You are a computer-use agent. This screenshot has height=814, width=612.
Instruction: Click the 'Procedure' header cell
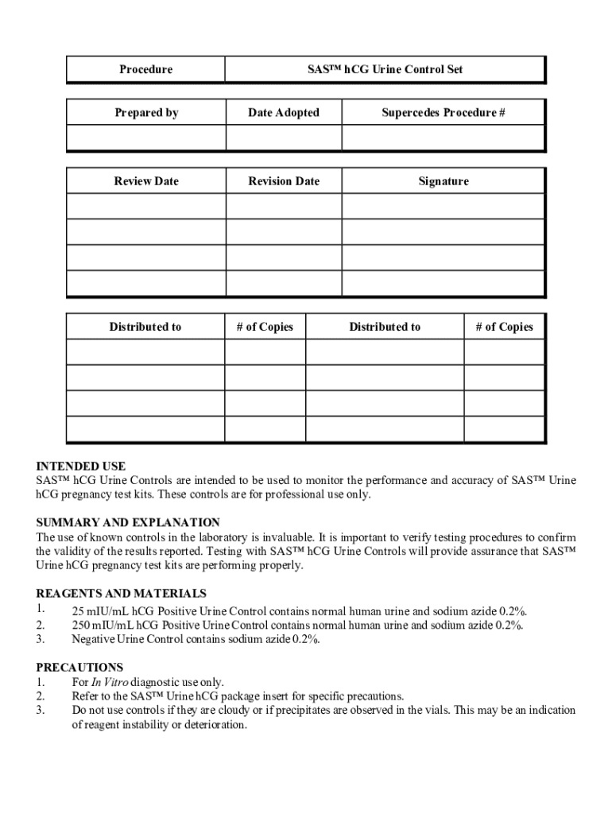145,70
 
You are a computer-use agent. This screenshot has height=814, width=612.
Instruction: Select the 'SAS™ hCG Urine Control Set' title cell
385,70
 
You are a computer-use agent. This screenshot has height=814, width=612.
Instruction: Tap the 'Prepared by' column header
146,113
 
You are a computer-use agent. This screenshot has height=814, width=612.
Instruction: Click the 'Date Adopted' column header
284,113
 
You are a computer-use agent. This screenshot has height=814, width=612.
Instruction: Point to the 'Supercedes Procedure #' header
444,113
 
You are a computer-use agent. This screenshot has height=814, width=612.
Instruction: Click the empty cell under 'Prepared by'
146,138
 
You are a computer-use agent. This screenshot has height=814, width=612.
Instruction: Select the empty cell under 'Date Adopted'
284,138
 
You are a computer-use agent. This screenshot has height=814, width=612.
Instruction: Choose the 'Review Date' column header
146,181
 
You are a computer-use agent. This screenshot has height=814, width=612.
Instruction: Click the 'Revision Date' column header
284,181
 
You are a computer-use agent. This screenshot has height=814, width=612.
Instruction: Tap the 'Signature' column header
444,181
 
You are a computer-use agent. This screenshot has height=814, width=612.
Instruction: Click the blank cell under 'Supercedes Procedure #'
444,138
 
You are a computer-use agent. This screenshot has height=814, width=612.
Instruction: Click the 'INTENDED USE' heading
81,467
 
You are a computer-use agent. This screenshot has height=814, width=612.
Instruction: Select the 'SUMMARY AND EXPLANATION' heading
128,523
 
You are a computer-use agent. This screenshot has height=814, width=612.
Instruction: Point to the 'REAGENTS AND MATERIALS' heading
122,594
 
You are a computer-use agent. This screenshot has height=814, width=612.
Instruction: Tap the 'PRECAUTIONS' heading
79,668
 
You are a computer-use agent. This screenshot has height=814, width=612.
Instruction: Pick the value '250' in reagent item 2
81,626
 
